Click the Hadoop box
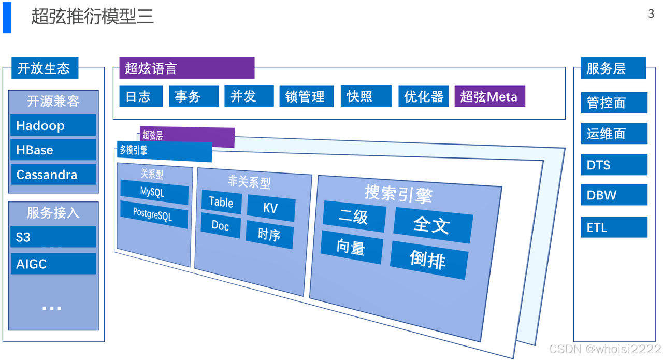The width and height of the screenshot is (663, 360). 53,125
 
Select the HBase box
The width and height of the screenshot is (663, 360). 53,150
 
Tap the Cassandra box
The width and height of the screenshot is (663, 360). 53,175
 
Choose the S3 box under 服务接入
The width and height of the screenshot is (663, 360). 53,237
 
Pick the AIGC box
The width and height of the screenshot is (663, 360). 53,264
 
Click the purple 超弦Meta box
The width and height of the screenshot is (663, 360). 489,96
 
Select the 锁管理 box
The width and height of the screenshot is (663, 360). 305,96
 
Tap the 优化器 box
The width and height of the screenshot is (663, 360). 424,96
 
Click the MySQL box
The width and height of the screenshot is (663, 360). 154,192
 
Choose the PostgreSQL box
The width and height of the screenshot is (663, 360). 153,213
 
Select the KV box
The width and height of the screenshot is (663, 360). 270,208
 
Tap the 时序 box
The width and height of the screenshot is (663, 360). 269,235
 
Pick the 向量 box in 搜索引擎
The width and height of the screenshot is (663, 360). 351,248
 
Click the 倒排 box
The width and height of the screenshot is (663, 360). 428,258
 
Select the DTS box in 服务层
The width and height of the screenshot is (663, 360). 613,165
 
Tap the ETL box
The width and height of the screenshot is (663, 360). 613,227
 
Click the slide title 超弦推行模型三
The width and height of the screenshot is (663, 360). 92,17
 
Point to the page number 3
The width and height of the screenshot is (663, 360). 651,14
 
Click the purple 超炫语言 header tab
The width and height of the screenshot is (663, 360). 186,68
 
